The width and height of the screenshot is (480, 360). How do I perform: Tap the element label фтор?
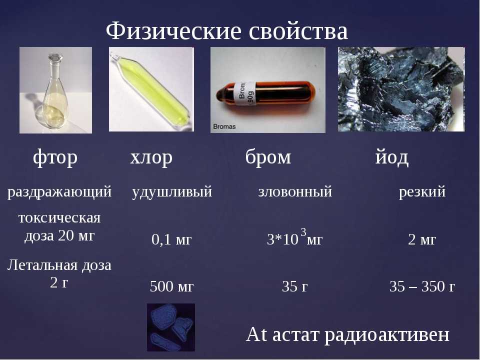[x=55, y=157]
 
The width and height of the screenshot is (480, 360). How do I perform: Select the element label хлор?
[x=151, y=157]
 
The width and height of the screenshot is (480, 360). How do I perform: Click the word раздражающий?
[x=59, y=192]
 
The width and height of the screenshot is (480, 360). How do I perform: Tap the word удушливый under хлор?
[x=171, y=191]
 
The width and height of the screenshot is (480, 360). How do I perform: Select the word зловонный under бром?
[x=295, y=191]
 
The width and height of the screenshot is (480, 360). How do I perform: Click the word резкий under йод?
[x=422, y=191]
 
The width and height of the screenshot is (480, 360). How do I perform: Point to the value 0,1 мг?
[x=171, y=239]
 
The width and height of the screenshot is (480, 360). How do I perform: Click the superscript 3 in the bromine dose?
[x=303, y=232]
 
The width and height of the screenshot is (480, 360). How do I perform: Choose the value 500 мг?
[x=171, y=286]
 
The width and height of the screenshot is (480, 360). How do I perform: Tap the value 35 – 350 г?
[x=422, y=286]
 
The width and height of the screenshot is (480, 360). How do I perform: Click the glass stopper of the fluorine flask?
[x=55, y=58]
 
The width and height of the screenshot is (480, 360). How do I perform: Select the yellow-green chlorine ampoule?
[x=151, y=89]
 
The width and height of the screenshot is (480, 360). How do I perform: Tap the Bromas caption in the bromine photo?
[x=224, y=126]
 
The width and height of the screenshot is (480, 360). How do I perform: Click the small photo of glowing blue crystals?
[x=171, y=327]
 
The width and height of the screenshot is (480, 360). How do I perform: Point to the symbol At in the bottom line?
[x=256, y=334]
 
